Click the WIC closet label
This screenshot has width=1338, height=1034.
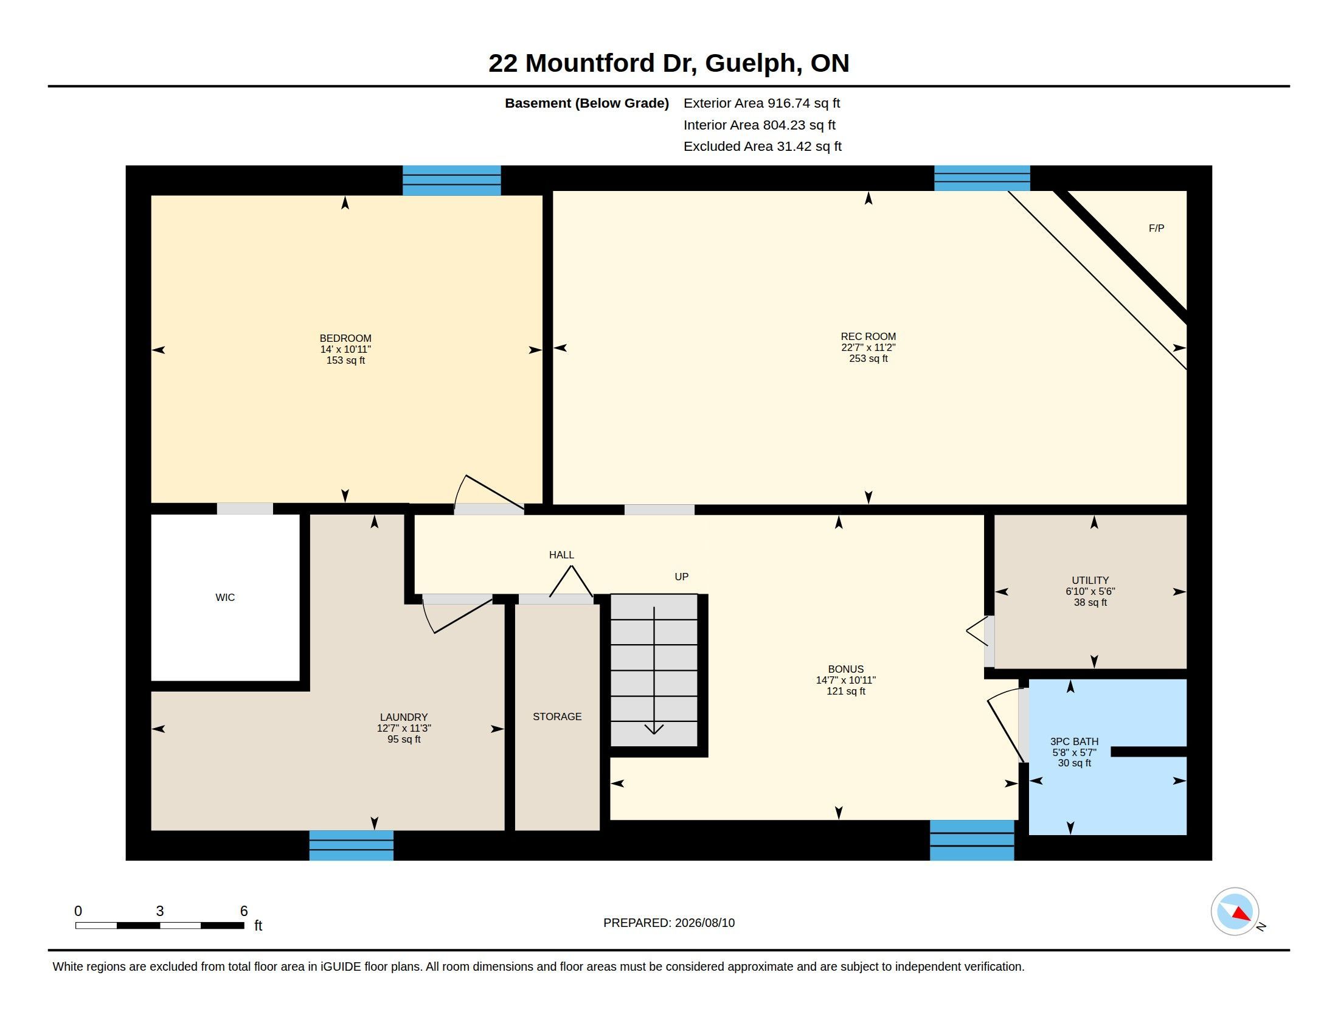(x=225, y=597)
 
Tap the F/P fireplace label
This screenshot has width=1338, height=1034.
(x=1156, y=229)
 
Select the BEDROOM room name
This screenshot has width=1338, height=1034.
(x=345, y=338)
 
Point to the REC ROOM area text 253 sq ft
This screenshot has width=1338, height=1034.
(x=868, y=358)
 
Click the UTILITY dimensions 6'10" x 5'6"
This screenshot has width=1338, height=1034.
(x=1090, y=591)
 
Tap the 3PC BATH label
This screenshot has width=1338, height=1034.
(x=1074, y=741)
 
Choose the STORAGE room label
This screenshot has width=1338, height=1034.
(x=557, y=716)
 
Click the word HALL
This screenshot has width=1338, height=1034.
(x=561, y=555)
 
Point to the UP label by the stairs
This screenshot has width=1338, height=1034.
(x=681, y=577)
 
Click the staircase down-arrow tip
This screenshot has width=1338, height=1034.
(x=654, y=734)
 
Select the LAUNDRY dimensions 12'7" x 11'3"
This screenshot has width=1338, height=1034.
(x=404, y=728)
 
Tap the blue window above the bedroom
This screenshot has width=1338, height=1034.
(x=451, y=181)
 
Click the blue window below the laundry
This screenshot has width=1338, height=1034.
(x=351, y=845)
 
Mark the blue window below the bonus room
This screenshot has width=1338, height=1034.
(x=972, y=840)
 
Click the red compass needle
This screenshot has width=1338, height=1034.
(x=1241, y=914)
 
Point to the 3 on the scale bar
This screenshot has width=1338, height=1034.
(x=160, y=911)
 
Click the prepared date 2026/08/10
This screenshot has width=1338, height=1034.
(x=704, y=923)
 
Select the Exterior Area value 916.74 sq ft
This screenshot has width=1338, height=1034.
(x=804, y=103)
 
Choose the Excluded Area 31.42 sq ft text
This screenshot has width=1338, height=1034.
(x=762, y=147)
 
